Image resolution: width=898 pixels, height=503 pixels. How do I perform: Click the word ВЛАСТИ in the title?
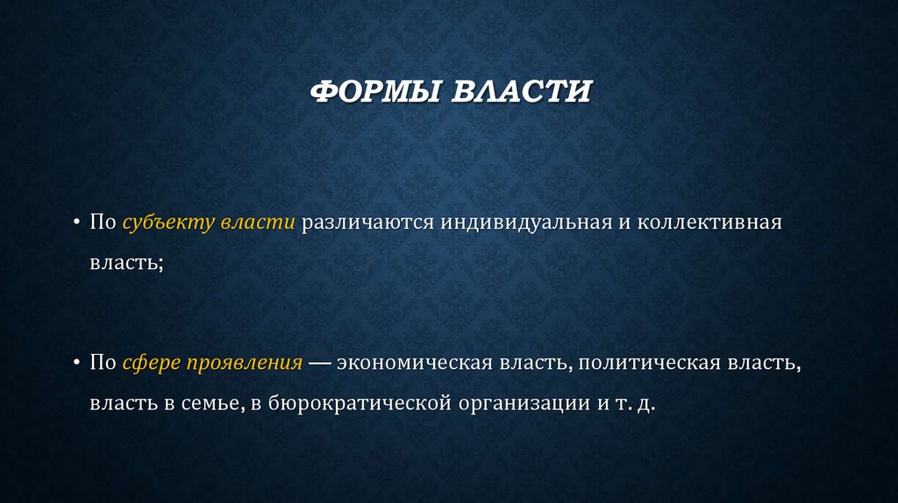(521, 91)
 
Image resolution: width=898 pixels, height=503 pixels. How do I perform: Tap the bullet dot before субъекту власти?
(76, 223)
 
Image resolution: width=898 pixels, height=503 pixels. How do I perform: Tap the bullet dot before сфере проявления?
(76, 363)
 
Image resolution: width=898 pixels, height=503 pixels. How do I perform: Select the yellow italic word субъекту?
(167, 223)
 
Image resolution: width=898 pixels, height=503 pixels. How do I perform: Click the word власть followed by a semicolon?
(124, 263)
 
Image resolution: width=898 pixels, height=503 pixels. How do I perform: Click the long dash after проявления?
(319, 363)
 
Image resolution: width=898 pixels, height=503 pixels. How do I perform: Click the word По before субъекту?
(103, 223)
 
